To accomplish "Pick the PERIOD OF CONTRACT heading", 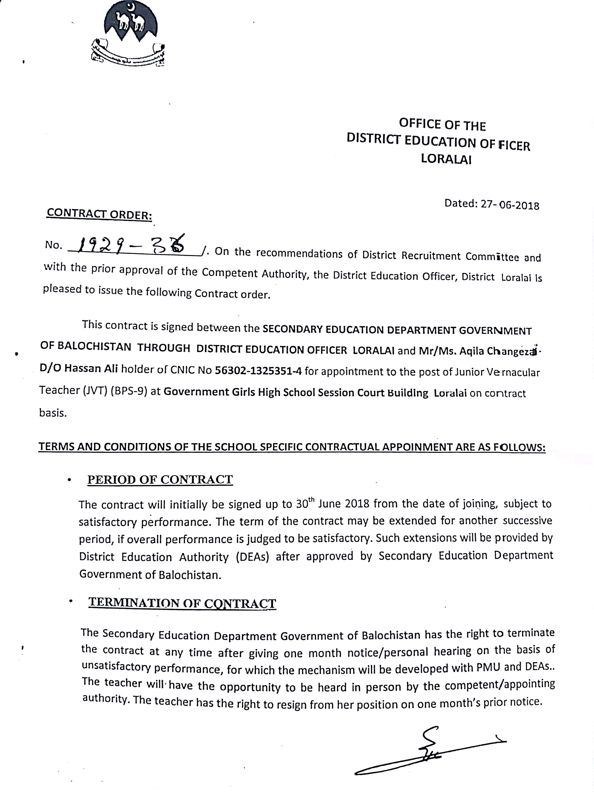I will coord(160,479).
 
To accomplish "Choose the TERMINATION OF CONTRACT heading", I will coord(182,603).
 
